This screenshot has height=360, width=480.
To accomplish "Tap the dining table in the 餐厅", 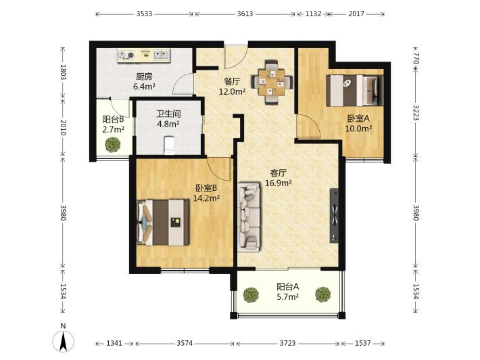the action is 272,83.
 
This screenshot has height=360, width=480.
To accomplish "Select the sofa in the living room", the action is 249,217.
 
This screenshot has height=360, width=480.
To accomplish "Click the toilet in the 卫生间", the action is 169,145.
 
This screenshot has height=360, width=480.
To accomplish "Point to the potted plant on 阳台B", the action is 112,145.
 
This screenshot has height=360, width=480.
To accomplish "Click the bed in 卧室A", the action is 354,91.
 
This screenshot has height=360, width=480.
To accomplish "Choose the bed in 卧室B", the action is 162,222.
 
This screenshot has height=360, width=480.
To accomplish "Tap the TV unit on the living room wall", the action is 334,216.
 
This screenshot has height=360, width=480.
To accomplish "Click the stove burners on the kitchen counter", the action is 126,55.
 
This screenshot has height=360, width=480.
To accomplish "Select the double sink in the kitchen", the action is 161,55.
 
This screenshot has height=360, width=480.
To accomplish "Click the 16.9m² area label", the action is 278,183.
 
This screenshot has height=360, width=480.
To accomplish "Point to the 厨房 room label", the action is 144,76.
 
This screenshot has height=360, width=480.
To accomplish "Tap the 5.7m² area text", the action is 288,296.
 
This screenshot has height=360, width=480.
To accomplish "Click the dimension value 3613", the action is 245,14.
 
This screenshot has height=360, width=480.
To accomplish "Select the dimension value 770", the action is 415,58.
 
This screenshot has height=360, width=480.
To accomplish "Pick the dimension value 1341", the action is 114,343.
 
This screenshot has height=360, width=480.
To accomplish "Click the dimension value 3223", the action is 415,113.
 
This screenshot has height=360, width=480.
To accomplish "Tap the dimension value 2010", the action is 63,127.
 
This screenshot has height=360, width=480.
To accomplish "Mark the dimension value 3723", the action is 288,343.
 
